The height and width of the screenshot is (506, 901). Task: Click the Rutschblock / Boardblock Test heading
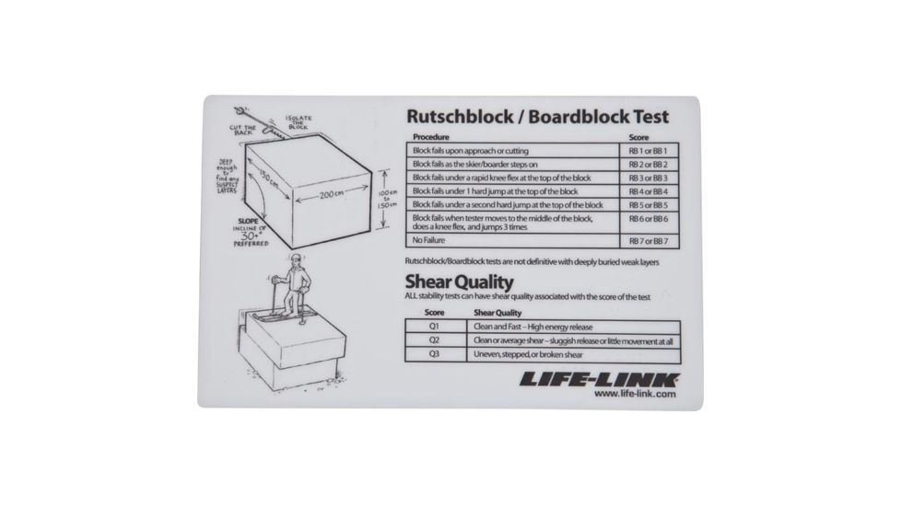click(537, 118)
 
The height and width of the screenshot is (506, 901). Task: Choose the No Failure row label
click(430, 241)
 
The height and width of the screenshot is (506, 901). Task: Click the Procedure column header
click(431, 137)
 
